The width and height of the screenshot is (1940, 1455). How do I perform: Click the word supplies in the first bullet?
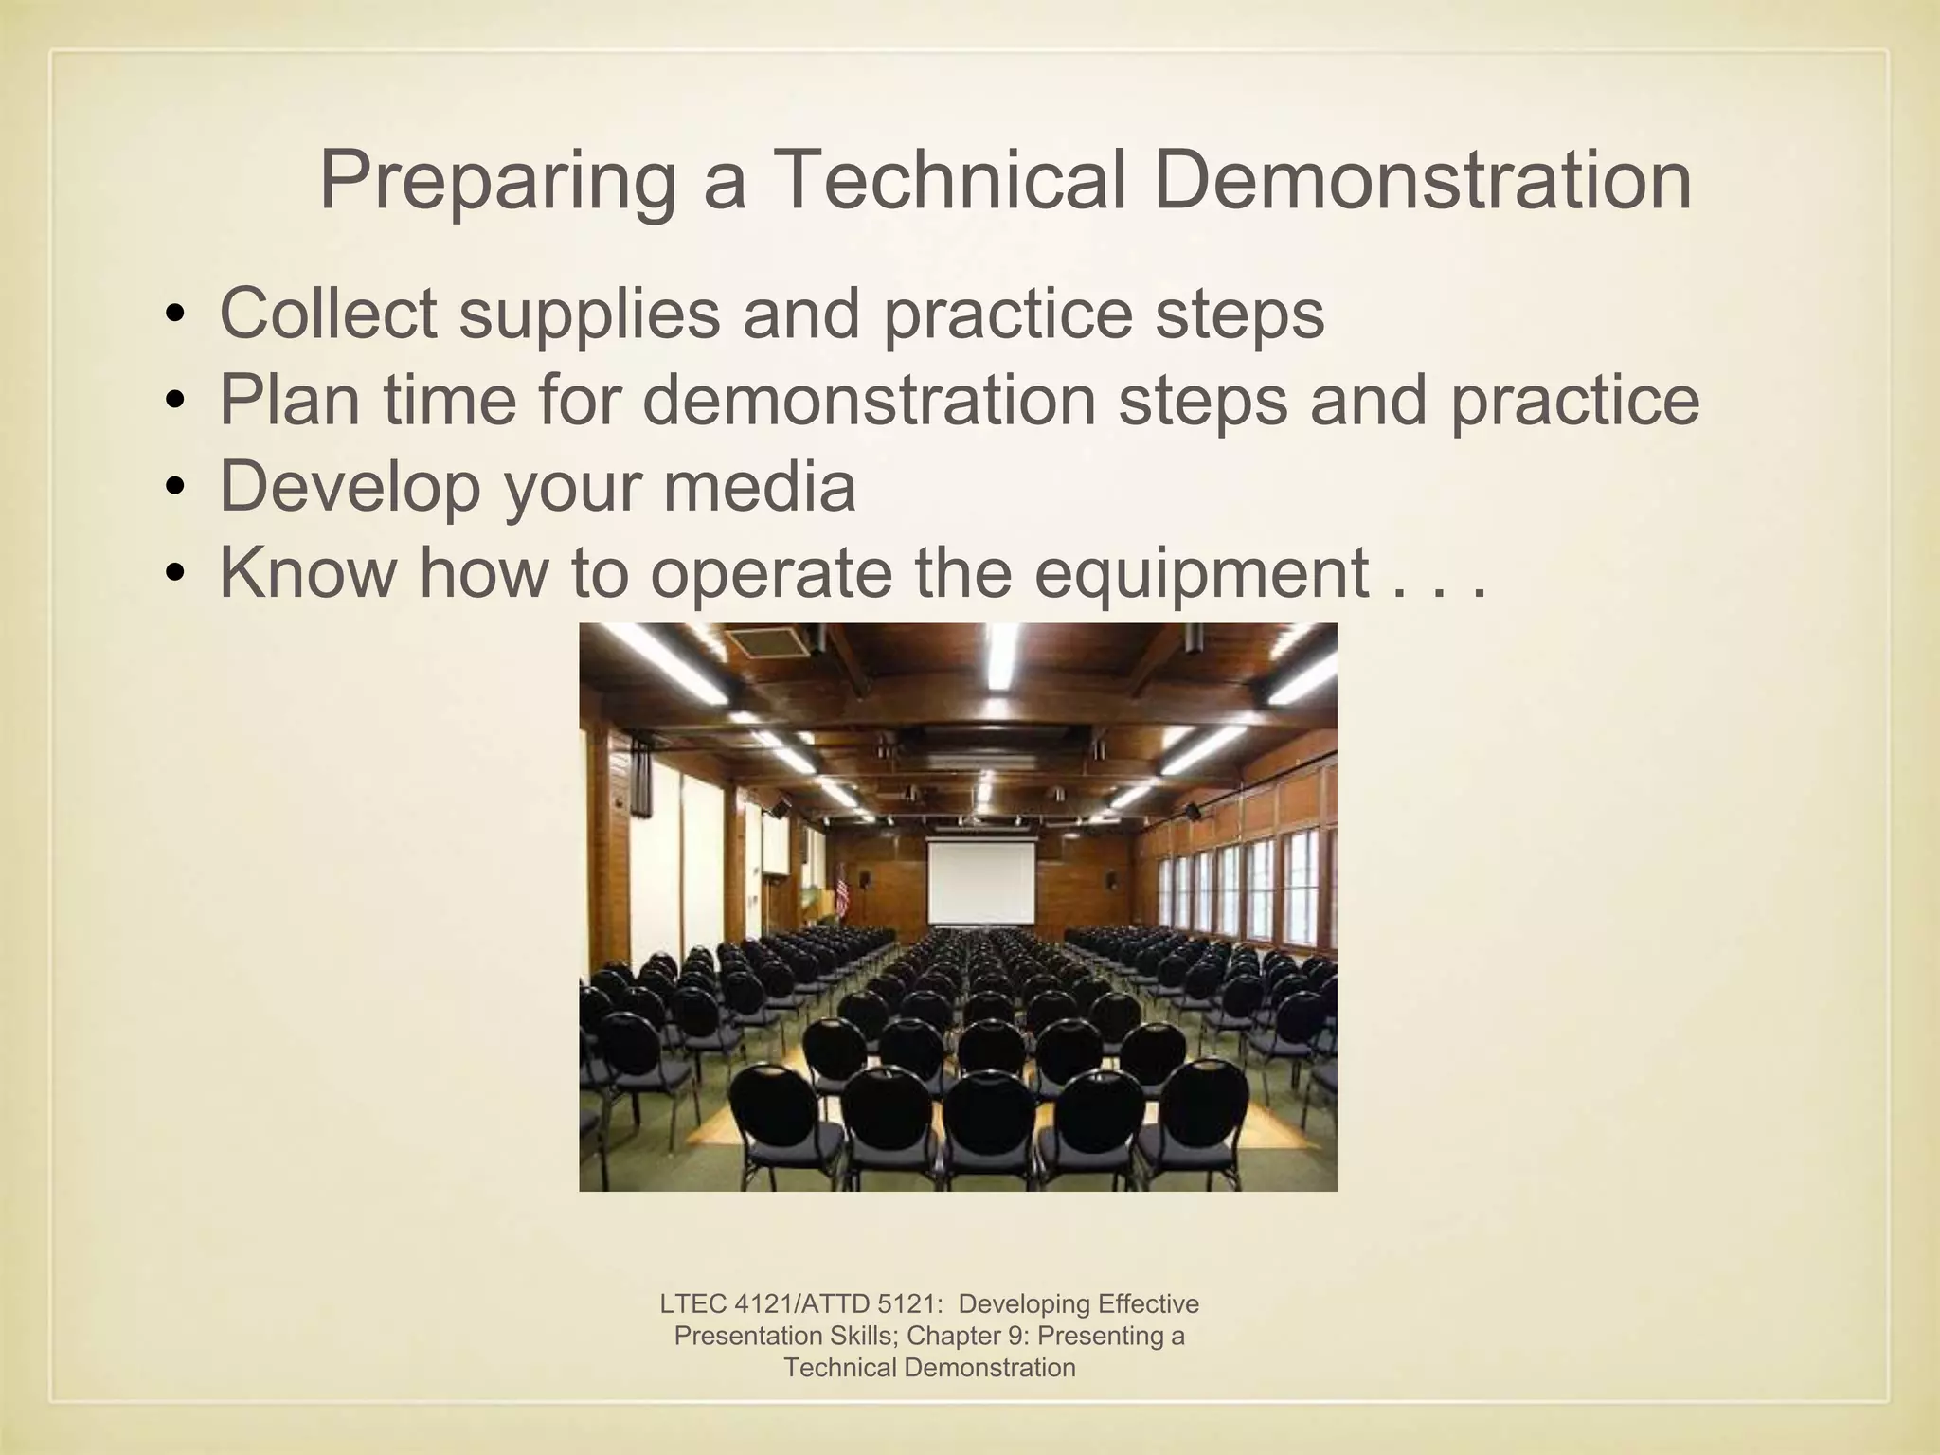[589, 315]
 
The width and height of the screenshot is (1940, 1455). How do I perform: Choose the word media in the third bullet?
[759, 486]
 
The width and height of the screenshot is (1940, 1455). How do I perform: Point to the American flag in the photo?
[842, 891]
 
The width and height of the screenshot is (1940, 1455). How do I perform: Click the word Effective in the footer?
[1146, 1304]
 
